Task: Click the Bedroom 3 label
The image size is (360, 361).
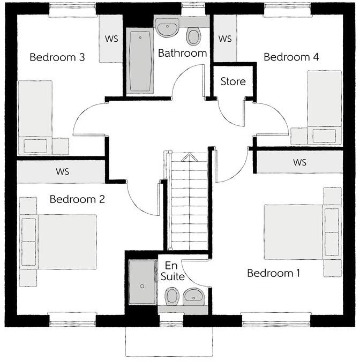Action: pyautogui.click(x=57, y=57)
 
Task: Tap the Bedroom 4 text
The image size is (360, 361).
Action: pyautogui.click(x=291, y=57)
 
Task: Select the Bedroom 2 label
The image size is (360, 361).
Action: pyautogui.click(x=77, y=199)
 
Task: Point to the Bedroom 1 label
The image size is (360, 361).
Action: pyautogui.click(x=273, y=273)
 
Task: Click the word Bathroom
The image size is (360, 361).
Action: pyautogui.click(x=182, y=53)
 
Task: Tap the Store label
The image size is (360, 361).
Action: pyautogui.click(x=234, y=81)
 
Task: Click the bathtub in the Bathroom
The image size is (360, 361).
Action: pyautogui.click(x=141, y=60)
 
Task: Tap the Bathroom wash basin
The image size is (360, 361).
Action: pyautogui.click(x=169, y=27)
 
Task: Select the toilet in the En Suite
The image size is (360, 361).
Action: pyautogui.click(x=172, y=296)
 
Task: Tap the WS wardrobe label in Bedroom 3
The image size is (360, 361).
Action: pyautogui.click(x=111, y=39)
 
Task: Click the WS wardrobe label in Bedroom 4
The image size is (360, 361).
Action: pyautogui.click(x=225, y=39)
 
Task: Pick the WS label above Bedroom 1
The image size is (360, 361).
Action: pyautogui.click(x=299, y=162)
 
